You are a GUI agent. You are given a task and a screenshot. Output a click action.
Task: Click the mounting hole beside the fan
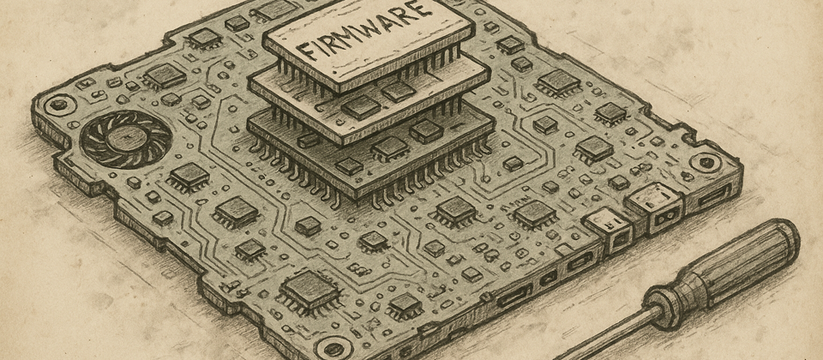point(57,106)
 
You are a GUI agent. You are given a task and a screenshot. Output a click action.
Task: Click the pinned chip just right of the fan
point(189,176)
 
